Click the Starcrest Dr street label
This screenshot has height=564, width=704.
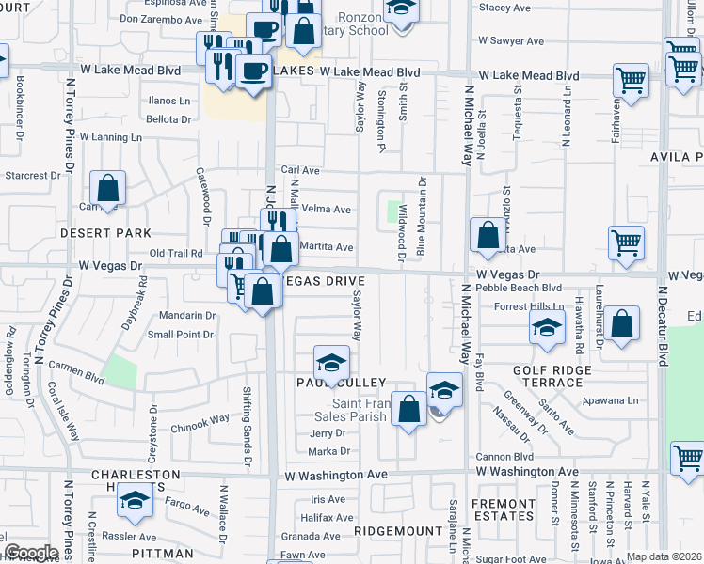click(x=33, y=176)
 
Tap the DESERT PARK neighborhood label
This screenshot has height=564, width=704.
click(x=92, y=232)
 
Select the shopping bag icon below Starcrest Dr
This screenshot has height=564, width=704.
click(x=108, y=188)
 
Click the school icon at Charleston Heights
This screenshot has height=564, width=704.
click(x=136, y=501)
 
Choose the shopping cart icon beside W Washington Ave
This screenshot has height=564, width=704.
click(x=688, y=459)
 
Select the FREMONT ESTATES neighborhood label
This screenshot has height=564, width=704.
click(x=503, y=510)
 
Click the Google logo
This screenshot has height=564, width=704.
click(x=31, y=553)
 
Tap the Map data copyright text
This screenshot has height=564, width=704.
click(x=664, y=556)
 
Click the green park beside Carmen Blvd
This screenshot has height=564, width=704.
click(x=120, y=371)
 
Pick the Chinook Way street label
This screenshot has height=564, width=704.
click(x=200, y=421)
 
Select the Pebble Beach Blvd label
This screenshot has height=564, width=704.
click(x=519, y=289)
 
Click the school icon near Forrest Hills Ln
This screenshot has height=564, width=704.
click(x=547, y=328)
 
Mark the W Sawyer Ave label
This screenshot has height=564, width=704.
click(x=511, y=41)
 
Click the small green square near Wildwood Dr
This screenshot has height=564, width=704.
click(x=392, y=211)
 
